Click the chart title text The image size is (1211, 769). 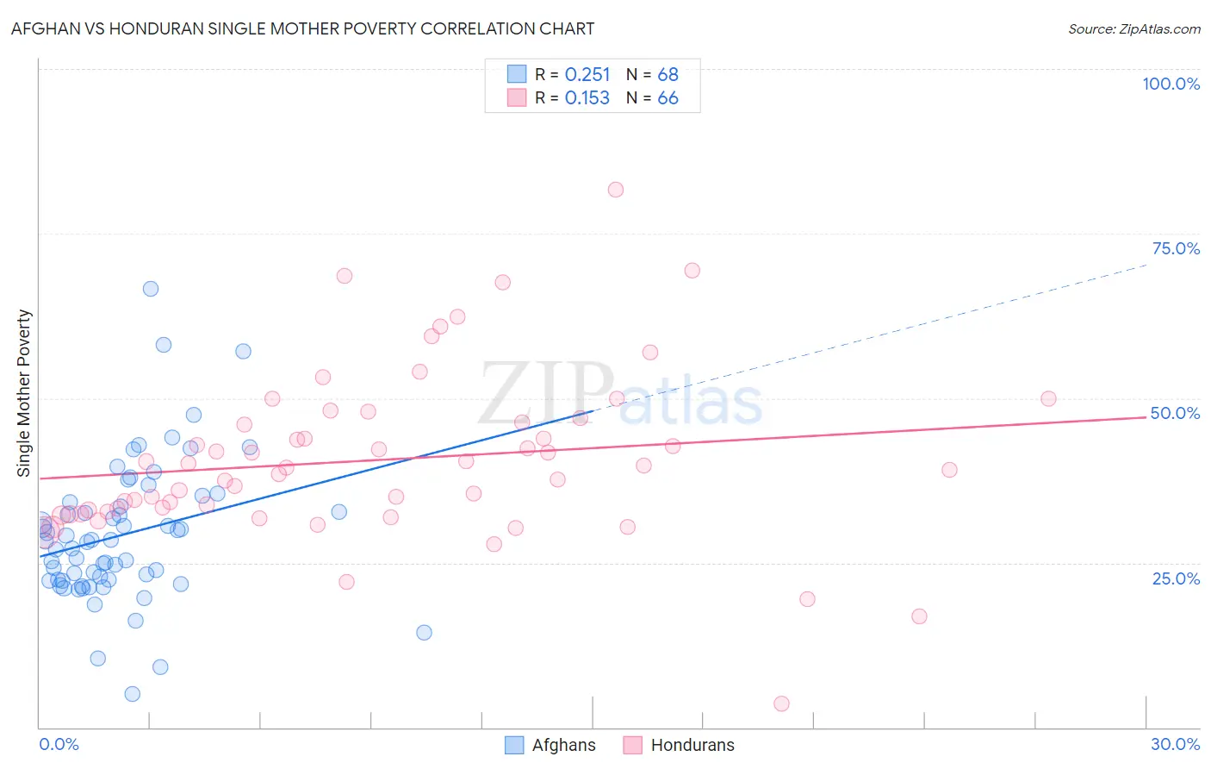tap(302, 28)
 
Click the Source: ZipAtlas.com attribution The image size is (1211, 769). tap(1133, 28)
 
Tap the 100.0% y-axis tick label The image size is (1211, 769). tap(1171, 84)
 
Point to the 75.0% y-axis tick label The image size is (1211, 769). tap(1176, 248)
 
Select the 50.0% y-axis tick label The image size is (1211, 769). tap(1175, 413)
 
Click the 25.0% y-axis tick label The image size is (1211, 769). tap(1176, 578)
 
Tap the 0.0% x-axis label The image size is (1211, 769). tap(59, 744)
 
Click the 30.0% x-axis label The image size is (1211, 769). tap(1175, 744)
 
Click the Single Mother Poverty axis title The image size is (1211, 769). tap(24, 393)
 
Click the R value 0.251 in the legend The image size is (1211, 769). tap(587, 75)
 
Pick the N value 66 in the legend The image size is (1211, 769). tap(668, 98)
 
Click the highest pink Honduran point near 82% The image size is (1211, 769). tap(616, 190)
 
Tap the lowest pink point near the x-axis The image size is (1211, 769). tap(781, 703)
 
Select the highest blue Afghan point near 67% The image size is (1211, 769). tap(151, 289)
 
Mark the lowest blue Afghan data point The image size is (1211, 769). tap(132, 694)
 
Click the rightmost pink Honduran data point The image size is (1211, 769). tap(1048, 398)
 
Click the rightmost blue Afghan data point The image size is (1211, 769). tap(424, 633)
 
